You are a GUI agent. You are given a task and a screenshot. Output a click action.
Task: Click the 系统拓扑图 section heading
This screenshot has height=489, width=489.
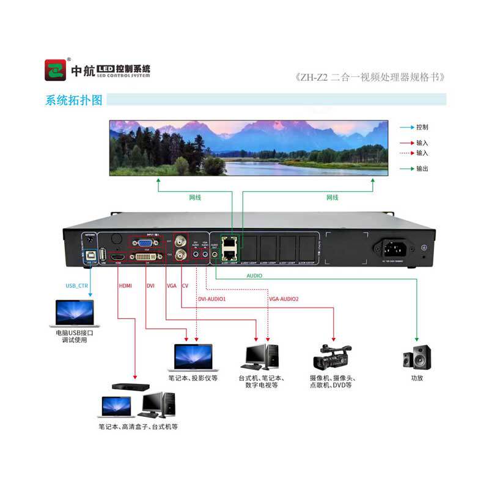coord(74,100)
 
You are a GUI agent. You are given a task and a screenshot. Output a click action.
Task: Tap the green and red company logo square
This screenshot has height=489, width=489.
coord(55,70)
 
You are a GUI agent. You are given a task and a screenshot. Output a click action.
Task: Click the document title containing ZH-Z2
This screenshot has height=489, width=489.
coord(369,78)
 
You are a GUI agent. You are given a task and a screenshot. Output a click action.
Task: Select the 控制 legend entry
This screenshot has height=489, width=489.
coord(422,128)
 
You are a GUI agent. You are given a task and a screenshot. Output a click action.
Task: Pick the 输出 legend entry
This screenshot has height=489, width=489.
coord(422,168)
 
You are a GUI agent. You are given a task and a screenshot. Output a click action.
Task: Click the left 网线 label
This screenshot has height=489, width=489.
coord(194,197)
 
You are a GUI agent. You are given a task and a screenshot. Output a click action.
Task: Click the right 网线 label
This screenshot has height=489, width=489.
coord(332,197)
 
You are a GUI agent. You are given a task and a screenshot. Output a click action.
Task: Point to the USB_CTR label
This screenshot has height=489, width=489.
coord(78,285)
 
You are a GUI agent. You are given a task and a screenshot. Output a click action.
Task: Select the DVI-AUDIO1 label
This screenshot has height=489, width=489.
coord(212,299)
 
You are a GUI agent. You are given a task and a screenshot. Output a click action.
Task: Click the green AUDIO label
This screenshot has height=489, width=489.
coord(254,276)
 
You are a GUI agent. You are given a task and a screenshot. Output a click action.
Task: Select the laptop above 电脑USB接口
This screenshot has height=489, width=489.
coord(74,312)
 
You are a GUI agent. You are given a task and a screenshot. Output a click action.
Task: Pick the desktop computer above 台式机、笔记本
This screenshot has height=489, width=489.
coord(262,356)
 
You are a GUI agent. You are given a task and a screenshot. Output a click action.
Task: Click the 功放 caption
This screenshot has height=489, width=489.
coord(417,378)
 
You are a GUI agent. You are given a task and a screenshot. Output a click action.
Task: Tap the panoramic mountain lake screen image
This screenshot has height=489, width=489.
coord(248,148)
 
